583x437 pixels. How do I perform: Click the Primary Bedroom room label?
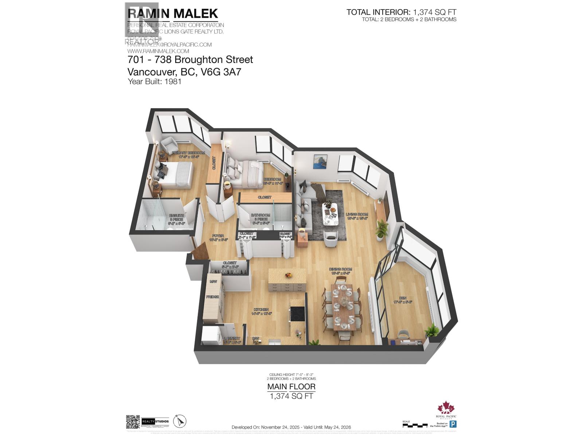pos(188,153)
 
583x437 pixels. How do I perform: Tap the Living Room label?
pos(357,214)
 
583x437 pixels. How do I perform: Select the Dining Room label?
pos(341,269)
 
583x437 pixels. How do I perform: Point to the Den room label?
pos(402,298)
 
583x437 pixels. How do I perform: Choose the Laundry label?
pos(232,339)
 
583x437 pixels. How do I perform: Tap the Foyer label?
pos(218,236)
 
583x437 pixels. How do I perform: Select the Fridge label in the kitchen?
pos(212,297)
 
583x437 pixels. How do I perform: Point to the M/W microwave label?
pos(213,282)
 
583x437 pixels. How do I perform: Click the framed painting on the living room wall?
pos(320,161)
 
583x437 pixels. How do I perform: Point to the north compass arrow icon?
pos(179,422)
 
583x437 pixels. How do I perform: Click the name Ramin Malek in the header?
pos(173,13)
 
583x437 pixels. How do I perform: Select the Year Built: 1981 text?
pos(154,81)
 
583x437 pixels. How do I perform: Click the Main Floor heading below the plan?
pos(291,387)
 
